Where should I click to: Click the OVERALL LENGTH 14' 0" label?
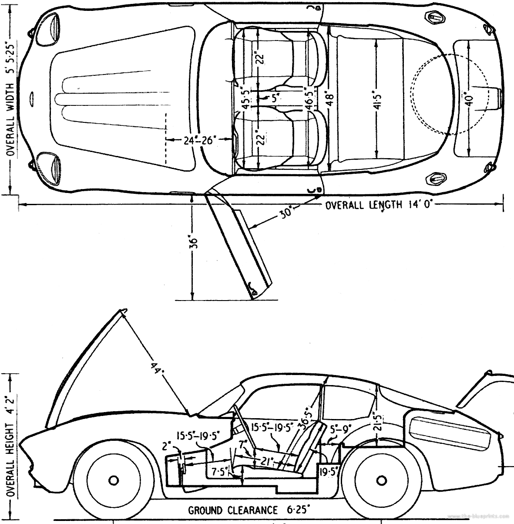[380, 205]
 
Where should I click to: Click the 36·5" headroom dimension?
[306, 416]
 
